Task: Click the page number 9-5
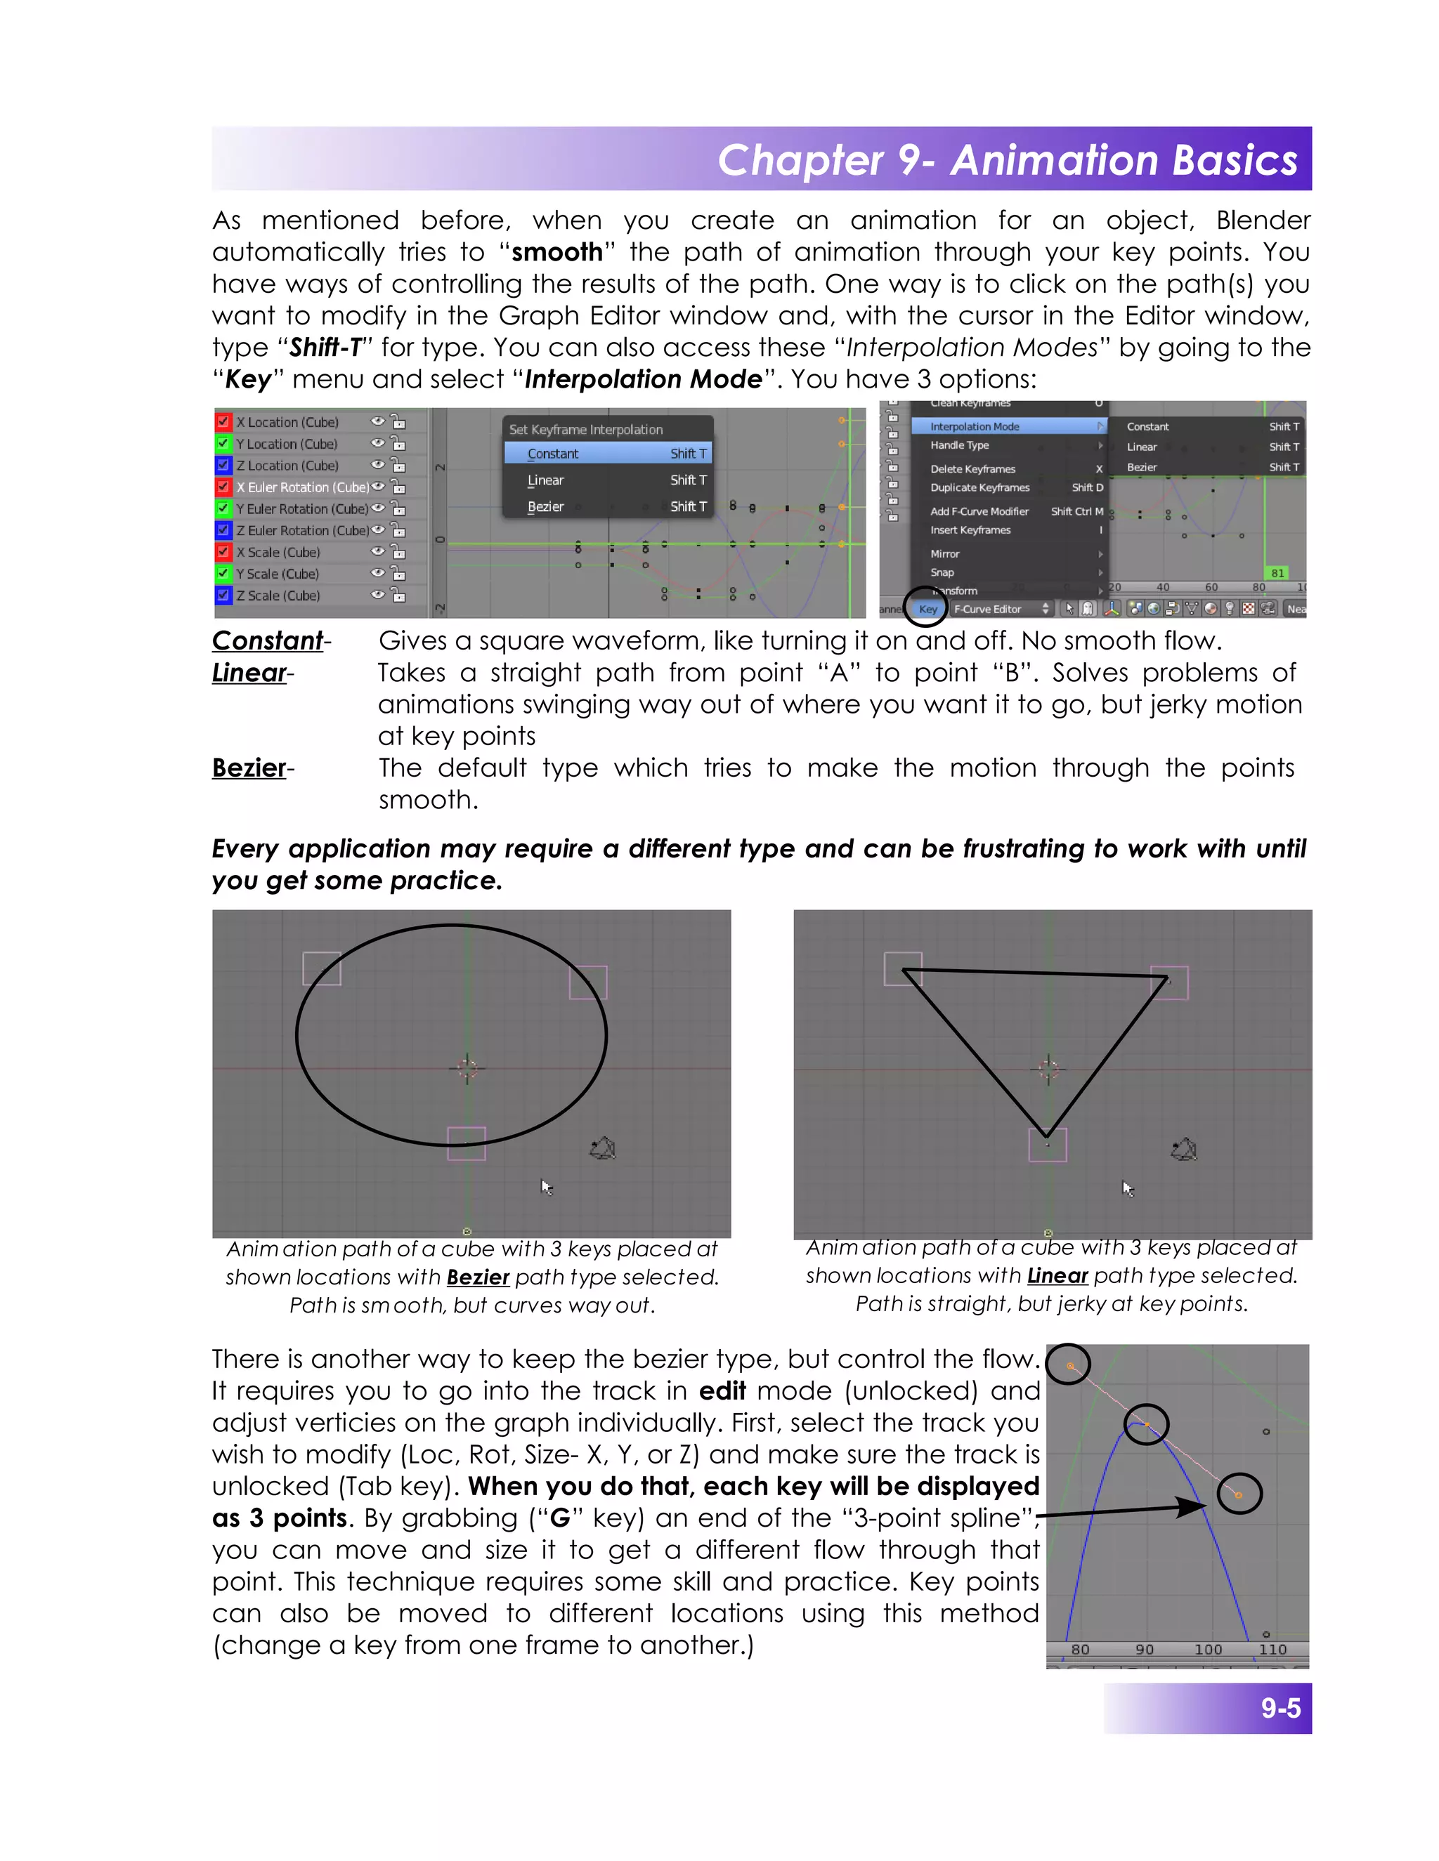[x=1280, y=1708]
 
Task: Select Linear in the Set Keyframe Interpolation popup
[x=545, y=480]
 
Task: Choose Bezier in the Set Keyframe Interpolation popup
[x=545, y=506]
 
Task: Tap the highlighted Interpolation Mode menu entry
[x=975, y=426]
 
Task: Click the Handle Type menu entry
[x=959, y=445]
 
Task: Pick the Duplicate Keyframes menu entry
[x=979, y=487]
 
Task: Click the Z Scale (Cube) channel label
[x=278, y=596]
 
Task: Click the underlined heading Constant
[x=267, y=640]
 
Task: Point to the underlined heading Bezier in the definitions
[x=249, y=768]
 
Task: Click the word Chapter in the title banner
[x=800, y=160]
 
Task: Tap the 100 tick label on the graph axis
[x=1208, y=1649]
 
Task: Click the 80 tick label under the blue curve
[x=1080, y=1649]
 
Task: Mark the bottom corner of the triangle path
[x=1047, y=1135]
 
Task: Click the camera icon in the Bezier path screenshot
[x=603, y=1149]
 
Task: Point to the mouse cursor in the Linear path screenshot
[x=1128, y=1188]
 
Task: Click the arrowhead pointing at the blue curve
[x=1194, y=1506]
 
